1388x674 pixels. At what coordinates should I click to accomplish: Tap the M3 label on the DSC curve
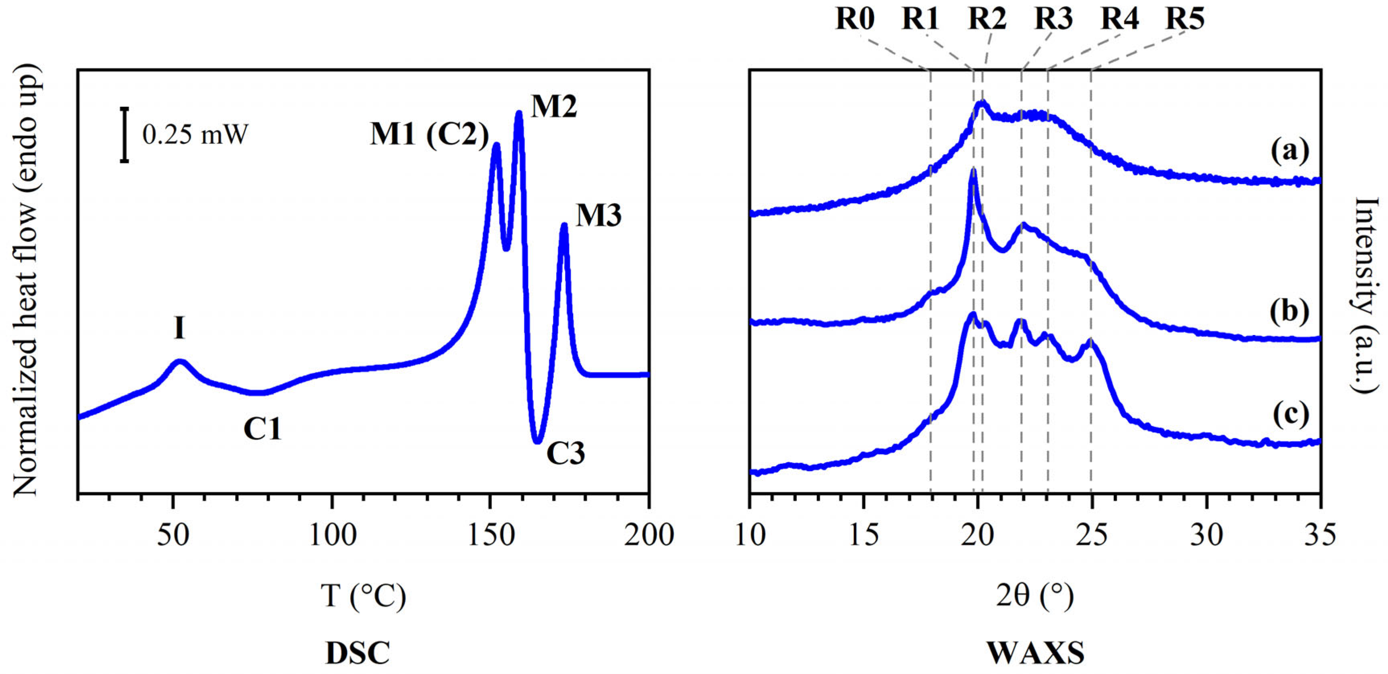point(598,216)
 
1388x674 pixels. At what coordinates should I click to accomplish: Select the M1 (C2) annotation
point(430,134)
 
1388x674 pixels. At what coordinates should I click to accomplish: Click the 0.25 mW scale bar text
point(195,134)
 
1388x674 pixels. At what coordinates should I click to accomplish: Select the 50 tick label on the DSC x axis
point(173,535)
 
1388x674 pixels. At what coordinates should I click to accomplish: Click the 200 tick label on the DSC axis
point(649,535)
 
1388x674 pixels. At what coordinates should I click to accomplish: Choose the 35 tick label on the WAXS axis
point(1320,535)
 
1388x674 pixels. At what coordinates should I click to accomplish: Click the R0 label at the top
point(855,19)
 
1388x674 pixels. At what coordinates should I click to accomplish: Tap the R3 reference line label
point(1053,19)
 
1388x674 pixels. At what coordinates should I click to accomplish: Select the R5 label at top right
point(1185,19)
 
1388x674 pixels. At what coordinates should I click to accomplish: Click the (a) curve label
point(1289,151)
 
